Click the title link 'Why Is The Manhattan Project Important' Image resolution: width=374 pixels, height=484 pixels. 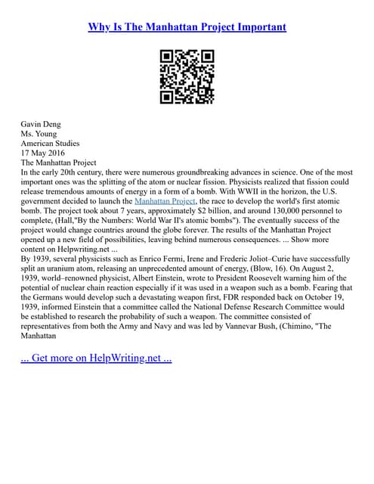point(187,27)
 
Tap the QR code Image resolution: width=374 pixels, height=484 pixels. point(187,76)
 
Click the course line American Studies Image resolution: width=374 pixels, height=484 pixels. point(50,143)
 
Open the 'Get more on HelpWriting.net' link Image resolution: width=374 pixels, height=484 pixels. point(97,358)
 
